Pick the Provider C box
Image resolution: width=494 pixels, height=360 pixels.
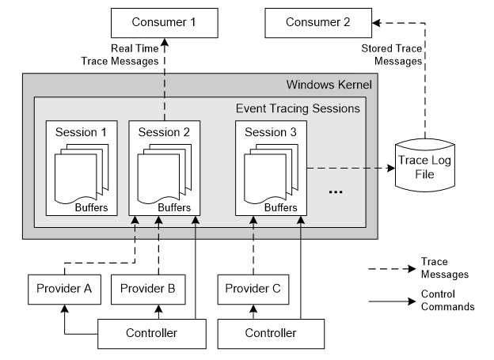click(x=253, y=288)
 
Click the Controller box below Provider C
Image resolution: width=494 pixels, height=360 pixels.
click(x=271, y=333)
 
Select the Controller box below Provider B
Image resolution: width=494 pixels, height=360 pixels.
click(x=151, y=333)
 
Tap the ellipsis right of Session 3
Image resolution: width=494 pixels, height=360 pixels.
click(x=334, y=191)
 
